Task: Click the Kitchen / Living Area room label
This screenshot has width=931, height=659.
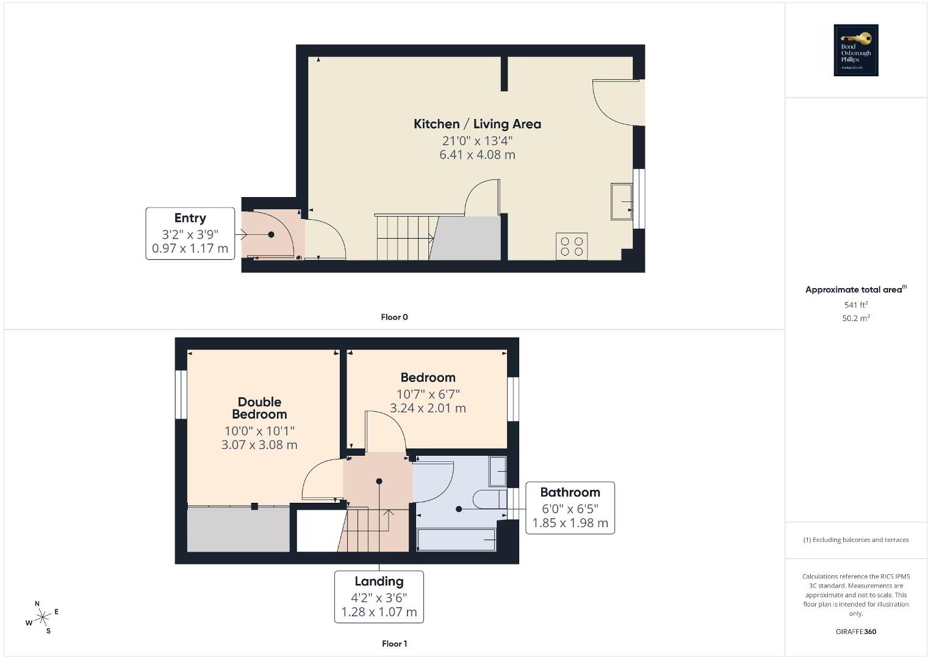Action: [477, 124]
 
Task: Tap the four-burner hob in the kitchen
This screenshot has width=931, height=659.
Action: [572, 246]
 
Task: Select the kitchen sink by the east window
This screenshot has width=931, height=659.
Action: [621, 201]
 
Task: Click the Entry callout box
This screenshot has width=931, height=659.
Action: [190, 234]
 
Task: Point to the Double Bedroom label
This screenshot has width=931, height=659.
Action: [259, 408]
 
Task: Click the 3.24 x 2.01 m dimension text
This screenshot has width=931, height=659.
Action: [428, 408]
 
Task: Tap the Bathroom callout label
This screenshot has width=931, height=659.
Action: [570, 492]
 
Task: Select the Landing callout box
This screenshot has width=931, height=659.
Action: [379, 597]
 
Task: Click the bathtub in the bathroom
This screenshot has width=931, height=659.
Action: [456, 539]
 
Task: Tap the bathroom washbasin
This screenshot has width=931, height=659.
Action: [497, 471]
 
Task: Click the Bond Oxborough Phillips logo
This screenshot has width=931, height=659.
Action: [856, 50]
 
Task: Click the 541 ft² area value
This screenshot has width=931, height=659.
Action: [856, 304]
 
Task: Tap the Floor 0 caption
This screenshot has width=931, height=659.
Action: [394, 317]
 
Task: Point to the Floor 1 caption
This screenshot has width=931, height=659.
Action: [394, 644]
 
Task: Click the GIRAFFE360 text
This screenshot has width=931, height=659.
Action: [856, 632]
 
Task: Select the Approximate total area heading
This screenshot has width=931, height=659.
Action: [856, 289]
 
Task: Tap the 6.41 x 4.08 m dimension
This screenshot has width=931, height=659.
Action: [477, 154]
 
